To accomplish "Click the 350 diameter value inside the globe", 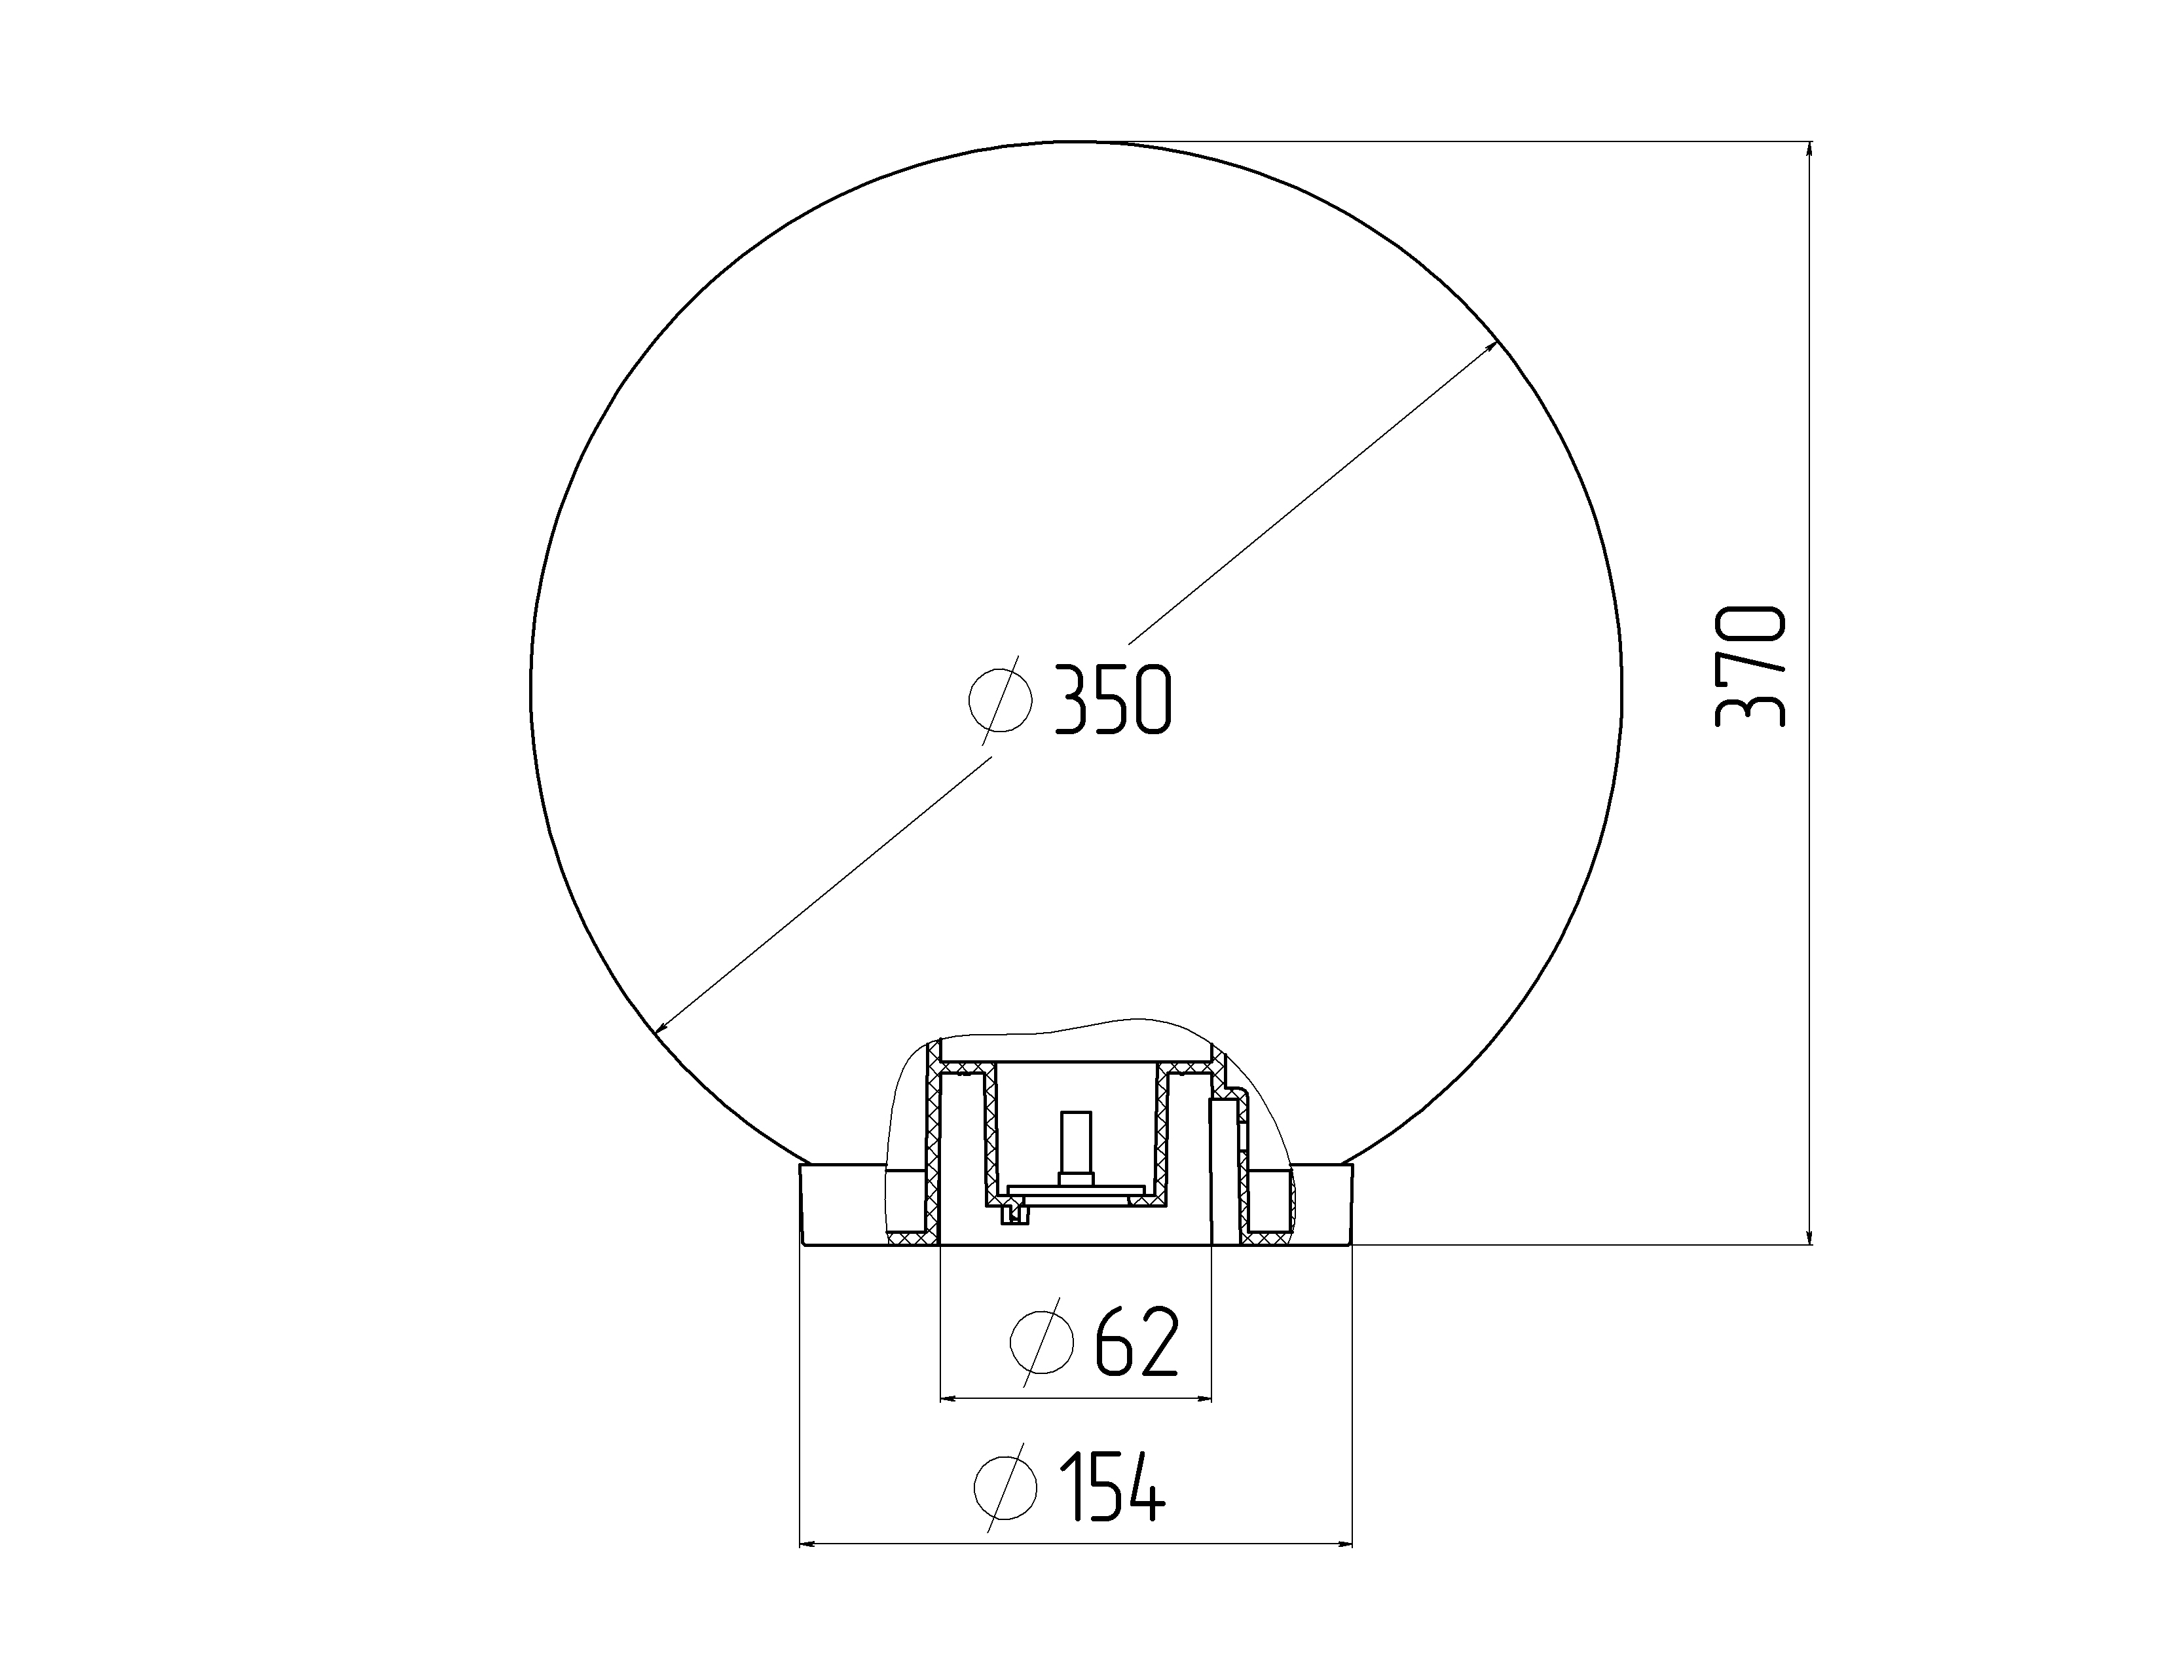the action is coord(1113,701).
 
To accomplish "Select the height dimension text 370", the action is coord(1751,668).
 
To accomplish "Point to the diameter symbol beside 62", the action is coord(1042,1341).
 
